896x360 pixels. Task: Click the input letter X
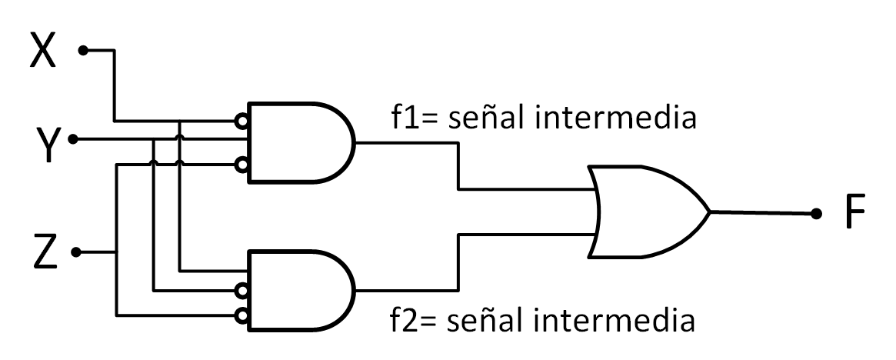click(43, 50)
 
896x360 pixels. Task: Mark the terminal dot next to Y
click(73, 140)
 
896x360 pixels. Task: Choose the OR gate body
click(646, 211)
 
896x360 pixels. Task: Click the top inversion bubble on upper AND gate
click(242, 122)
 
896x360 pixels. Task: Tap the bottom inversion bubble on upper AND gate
click(242, 164)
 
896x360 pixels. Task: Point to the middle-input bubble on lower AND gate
click(242, 291)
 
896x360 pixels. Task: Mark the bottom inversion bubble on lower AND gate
click(242, 314)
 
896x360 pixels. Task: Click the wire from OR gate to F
click(761, 212)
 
